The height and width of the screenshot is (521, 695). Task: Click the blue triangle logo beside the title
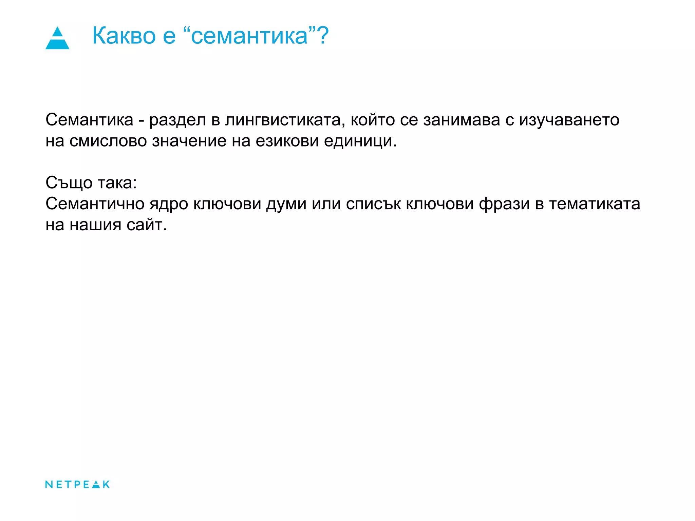(x=57, y=38)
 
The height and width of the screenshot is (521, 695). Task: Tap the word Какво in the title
(x=124, y=36)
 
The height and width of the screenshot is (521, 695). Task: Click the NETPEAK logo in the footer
(x=77, y=484)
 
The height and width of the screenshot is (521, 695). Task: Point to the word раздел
(x=177, y=120)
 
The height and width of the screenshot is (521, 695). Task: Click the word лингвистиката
(x=283, y=120)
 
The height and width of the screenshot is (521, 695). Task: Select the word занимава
(x=462, y=120)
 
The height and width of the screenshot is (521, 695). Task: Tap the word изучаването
(x=569, y=120)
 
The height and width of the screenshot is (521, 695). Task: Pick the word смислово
(x=108, y=141)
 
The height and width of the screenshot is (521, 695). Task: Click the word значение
(x=189, y=141)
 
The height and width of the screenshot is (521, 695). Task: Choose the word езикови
(x=287, y=141)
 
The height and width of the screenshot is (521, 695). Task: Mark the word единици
(x=360, y=141)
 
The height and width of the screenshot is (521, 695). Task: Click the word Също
(x=69, y=183)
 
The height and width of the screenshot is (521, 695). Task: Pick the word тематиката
(x=595, y=204)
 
